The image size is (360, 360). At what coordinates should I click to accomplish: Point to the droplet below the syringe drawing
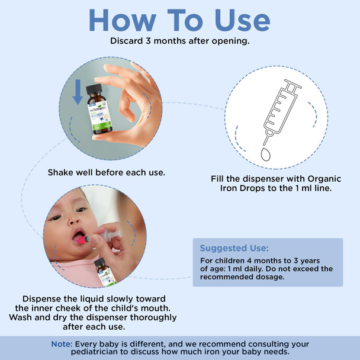[x=265, y=152]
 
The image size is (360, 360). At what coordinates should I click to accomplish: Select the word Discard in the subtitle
[x=129, y=41]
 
